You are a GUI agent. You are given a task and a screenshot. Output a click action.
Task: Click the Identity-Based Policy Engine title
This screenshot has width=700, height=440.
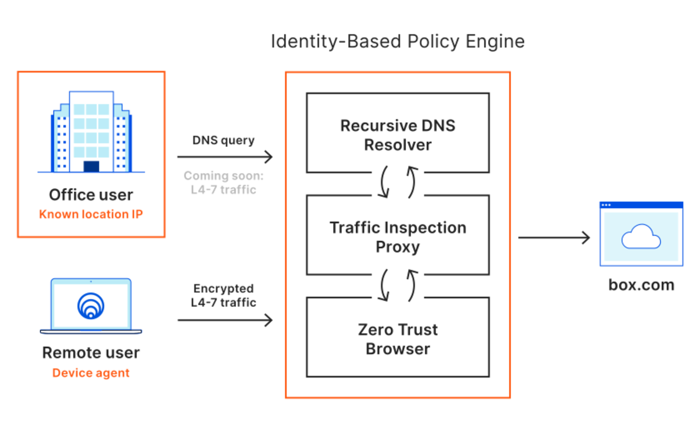point(397,41)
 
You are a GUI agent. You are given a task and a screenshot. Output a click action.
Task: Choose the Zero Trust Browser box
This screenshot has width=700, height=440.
point(397,339)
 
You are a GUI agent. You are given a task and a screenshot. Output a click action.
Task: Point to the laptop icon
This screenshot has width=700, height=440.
point(91,306)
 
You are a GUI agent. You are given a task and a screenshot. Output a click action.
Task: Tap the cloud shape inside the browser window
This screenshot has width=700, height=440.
point(641,237)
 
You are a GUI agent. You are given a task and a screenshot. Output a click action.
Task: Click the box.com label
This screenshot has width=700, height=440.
point(641,285)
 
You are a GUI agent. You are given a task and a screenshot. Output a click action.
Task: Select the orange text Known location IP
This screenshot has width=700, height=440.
point(91,214)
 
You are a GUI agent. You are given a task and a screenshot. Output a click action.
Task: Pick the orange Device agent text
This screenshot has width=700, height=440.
point(91,372)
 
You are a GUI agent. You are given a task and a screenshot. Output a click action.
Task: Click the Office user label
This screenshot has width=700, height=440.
point(91,195)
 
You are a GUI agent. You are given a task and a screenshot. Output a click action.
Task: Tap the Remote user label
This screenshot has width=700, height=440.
point(91,352)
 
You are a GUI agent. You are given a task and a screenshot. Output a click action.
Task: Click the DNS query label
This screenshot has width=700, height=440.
point(223,140)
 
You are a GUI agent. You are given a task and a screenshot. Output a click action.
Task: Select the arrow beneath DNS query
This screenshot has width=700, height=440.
point(225,157)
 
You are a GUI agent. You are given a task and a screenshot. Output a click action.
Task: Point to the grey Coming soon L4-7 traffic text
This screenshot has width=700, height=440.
point(224,182)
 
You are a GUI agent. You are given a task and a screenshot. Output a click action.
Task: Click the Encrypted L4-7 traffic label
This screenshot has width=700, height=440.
point(224,295)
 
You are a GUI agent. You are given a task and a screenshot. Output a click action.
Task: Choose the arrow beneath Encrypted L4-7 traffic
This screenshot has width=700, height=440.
point(225,320)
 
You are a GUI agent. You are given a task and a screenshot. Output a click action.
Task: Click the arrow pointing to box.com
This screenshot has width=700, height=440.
point(554,237)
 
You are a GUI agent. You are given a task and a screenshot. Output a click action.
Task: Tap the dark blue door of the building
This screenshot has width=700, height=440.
point(91,166)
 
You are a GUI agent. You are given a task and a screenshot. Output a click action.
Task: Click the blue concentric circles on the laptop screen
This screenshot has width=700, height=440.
point(91,306)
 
